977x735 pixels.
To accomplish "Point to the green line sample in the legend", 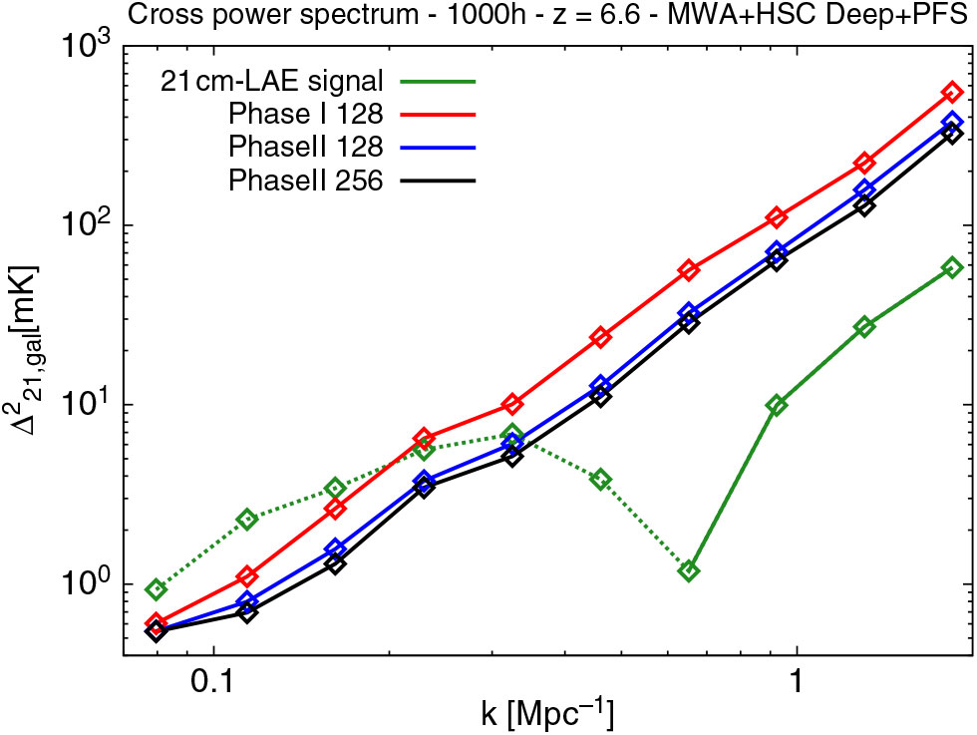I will point(440,81).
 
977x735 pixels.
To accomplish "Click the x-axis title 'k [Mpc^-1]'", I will point(545,715).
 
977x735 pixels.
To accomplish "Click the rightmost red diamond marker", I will point(952,93).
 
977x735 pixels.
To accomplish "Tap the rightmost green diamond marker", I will point(952,267).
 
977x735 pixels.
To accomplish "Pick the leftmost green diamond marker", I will point(157,589).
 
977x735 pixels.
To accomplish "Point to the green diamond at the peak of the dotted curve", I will point(512,435).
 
